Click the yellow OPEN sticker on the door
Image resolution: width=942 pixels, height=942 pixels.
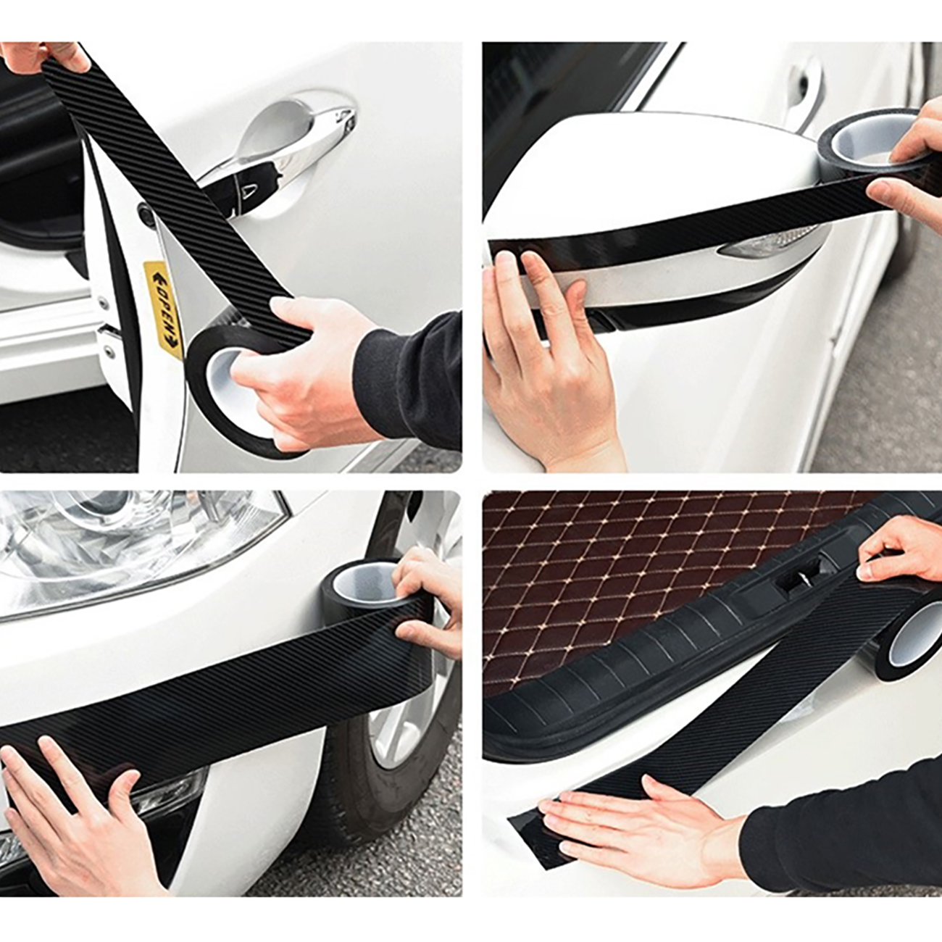163,308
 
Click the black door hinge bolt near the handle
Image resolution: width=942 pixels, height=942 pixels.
145,211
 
